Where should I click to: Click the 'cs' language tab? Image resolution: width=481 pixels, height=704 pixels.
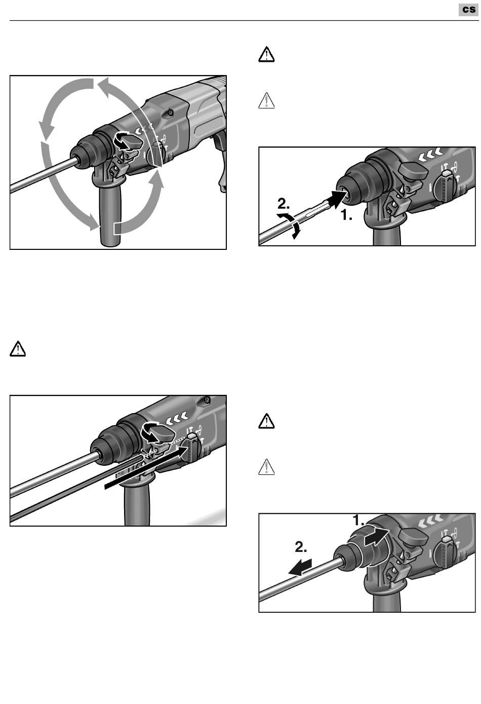tap(468, 10)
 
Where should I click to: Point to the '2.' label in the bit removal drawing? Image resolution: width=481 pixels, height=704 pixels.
tap(301, 547)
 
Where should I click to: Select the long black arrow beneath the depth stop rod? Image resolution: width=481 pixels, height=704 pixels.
tap(142, 466)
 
